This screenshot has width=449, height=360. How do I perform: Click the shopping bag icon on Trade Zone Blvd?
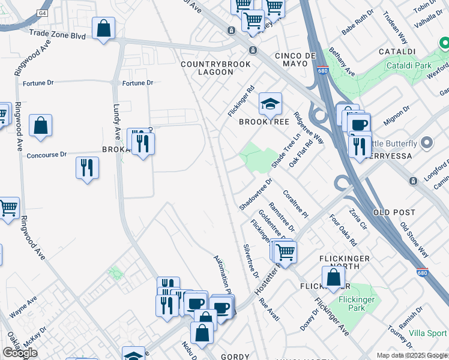point(103,28)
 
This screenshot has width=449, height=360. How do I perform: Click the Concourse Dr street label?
point(47,155)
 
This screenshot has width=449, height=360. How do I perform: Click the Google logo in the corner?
point(20,353)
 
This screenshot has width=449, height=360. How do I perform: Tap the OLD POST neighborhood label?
point(394,212)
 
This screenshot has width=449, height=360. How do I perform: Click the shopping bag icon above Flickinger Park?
point(333,278)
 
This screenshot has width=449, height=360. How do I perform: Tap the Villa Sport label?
point(428,333)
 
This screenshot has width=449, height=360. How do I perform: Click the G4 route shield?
point(42,13)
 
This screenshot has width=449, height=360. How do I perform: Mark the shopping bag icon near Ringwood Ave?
point(40,125)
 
